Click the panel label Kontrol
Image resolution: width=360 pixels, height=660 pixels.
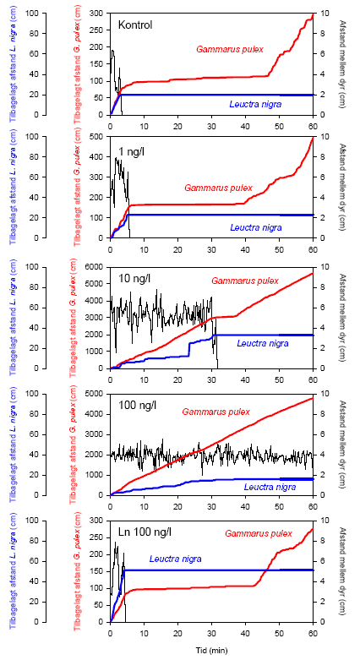(135, 25)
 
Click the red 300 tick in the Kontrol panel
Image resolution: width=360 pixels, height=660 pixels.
(98, 14)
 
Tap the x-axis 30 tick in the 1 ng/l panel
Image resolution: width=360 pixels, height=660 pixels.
(211, 251)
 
